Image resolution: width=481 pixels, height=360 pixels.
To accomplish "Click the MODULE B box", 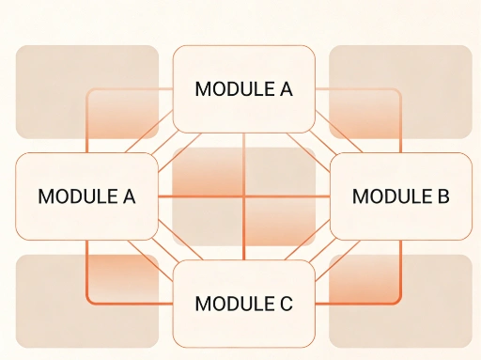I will [x=401, y=196].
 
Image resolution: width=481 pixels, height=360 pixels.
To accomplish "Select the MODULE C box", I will [x=243, y=304].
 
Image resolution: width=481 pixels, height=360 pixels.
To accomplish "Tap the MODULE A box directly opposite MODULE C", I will [x=243, y=89].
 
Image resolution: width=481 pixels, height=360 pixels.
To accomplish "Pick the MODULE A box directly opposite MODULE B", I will [x=86, y=196].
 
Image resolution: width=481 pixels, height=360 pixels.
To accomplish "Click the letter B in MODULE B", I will [x=442, y=197].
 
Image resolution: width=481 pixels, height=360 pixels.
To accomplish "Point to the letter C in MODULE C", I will [x=286, y=305].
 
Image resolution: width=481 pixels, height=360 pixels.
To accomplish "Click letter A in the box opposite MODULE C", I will [x=286, y=90].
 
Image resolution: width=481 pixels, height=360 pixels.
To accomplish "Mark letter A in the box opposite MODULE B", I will [x=129, y=197].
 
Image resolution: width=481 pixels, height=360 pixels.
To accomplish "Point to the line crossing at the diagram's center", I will [x=243, y=196].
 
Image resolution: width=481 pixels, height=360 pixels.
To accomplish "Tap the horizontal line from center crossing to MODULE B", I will [x=287, y=196].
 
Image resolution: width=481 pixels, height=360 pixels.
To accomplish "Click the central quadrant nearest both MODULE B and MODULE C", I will [x=280, y=223].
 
